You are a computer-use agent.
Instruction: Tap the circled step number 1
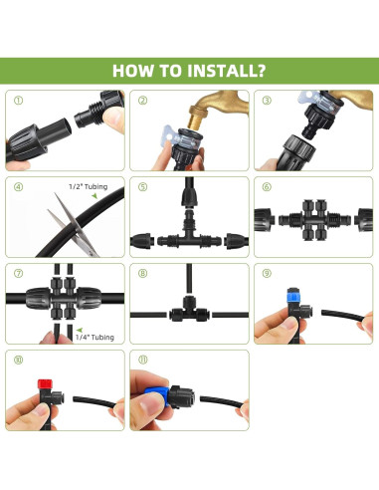19,101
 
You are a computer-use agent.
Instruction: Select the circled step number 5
142,187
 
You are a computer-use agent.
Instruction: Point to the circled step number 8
142,273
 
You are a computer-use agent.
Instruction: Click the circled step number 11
142,360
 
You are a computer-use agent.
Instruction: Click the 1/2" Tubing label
89,187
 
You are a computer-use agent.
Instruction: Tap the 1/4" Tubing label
95,338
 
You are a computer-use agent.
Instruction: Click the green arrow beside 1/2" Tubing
95,196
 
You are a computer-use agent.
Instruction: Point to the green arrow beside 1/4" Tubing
80,330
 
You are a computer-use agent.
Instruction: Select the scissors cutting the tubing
74,225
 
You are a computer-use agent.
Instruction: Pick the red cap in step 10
45,384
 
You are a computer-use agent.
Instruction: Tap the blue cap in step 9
293,295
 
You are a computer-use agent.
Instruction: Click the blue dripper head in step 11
157,393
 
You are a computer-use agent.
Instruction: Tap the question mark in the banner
261,71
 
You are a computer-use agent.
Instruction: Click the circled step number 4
19,187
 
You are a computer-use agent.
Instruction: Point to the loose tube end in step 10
75,398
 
